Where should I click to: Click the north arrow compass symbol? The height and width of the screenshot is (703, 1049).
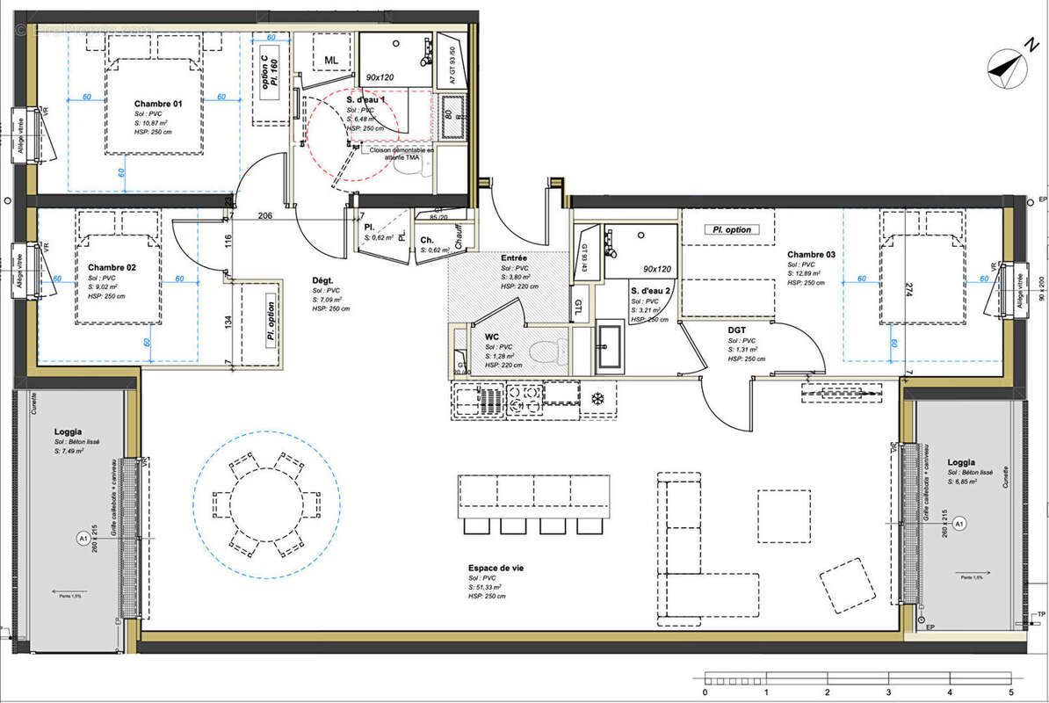1009,67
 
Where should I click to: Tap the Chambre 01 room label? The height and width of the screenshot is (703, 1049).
158,104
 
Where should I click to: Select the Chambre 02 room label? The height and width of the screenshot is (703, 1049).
112,266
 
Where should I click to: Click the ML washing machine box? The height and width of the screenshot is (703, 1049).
331,60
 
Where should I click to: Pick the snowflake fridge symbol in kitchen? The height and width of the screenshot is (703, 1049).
598,397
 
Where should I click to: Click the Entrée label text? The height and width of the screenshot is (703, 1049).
514,257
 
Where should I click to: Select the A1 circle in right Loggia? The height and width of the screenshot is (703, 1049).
959,525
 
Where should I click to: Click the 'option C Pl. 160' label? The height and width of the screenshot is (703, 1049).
269,67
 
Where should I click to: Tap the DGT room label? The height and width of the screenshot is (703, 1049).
737,330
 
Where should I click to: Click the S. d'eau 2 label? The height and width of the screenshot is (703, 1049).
651,290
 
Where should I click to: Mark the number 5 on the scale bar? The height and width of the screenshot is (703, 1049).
1011,692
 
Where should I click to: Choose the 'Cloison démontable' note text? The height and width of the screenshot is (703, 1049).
402,153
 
